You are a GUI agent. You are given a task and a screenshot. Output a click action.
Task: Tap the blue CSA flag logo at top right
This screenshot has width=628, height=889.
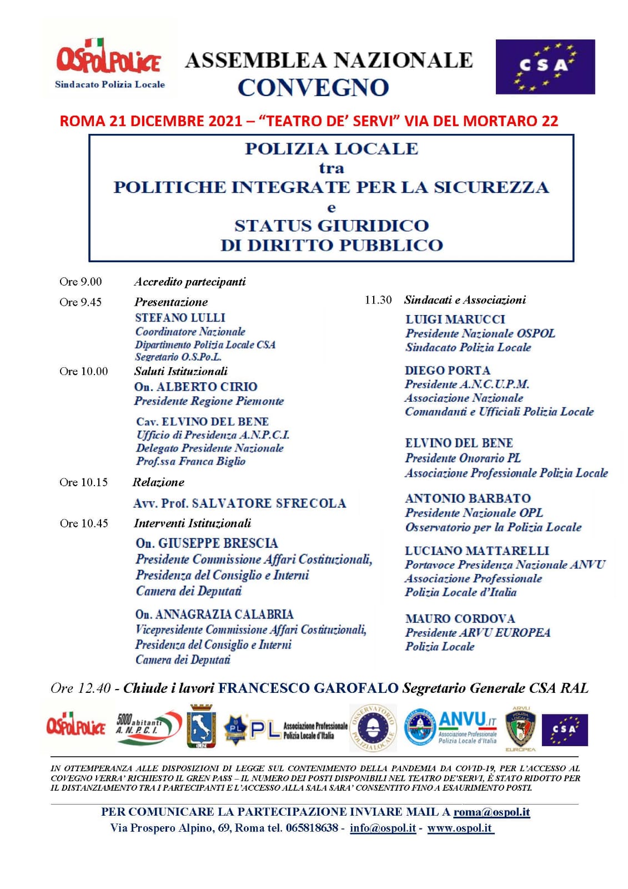[545, 67]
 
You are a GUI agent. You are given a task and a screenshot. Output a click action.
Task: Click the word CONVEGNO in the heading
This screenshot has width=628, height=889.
[313, 87]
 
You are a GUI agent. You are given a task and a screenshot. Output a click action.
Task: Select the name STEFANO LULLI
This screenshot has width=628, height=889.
[180, 318]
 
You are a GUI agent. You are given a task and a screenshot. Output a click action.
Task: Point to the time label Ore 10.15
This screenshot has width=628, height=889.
[83, 482]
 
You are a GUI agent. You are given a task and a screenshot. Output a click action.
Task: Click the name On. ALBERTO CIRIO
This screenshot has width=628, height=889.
[195, 387]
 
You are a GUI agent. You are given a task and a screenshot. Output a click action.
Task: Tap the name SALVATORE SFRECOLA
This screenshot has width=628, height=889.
[268, 503]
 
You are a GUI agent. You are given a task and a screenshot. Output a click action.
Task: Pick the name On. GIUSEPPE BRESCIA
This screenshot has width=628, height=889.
[207, 543]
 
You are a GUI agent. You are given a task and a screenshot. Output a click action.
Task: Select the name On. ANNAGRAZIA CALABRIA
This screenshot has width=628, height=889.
[214, 615]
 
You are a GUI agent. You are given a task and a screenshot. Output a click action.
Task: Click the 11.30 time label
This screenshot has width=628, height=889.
[378, 300]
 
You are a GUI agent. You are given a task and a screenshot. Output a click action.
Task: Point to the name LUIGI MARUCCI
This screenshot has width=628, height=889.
[455, 319]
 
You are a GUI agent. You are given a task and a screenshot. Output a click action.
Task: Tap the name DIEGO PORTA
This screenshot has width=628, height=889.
[448, 371]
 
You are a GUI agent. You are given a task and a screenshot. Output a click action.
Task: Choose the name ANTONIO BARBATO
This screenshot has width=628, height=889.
[468, 498]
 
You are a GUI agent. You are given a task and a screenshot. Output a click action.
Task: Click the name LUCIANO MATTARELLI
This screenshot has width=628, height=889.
[477, 551]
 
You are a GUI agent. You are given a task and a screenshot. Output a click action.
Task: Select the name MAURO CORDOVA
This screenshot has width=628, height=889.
[460, 618]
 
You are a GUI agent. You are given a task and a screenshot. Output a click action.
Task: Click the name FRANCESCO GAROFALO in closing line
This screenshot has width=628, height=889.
[308, 688]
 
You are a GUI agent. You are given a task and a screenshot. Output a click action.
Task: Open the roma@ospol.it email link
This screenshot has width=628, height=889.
[491, 812]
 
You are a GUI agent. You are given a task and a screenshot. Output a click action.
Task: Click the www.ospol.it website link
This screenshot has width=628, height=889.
[460, 828]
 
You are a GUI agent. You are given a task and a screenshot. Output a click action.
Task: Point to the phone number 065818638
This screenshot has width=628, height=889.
[312, 828]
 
